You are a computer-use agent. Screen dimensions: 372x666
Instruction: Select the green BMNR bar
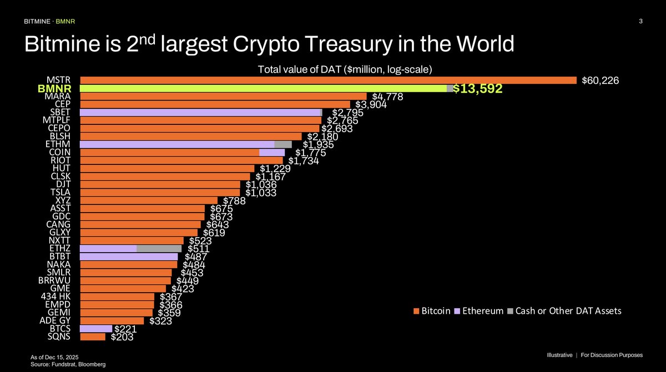263,88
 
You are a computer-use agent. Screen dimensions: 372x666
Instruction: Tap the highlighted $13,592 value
478,89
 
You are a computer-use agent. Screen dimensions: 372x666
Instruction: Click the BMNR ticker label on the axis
53,88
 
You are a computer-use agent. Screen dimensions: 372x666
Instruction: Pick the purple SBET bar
200,112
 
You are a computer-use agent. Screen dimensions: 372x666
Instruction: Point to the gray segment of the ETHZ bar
159,248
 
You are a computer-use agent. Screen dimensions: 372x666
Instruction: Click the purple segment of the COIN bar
271,152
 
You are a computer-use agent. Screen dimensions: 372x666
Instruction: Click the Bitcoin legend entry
432,311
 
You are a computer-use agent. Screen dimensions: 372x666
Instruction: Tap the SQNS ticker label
58,336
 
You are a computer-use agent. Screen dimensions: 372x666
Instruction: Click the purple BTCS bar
96,328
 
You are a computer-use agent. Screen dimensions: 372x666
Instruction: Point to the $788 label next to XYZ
234,200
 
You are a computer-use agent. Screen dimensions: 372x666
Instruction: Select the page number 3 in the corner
640,22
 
